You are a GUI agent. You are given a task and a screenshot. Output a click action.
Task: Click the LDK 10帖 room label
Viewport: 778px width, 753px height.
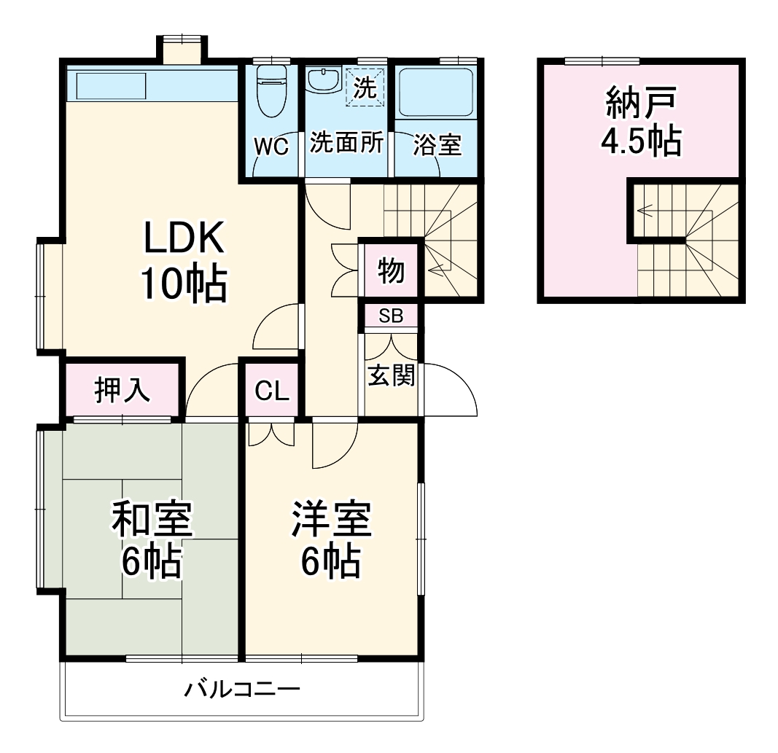pos(183,260)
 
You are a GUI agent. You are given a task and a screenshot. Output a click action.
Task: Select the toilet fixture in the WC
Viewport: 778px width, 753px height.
pos(272,91)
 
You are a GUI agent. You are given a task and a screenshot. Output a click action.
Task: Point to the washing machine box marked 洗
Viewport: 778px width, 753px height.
pos(364,87)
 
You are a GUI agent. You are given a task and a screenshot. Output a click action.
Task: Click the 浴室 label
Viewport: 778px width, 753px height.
pos(437,144)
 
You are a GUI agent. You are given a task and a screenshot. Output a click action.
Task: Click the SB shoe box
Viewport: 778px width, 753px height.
pos(391,316)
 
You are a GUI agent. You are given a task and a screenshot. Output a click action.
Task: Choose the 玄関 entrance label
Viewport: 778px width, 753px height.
pos(391,375)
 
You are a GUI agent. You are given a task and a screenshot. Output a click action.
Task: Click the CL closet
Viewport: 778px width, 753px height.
pos(272,391)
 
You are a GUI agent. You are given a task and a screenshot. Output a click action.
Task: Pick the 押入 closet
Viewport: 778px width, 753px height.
pos(122,391)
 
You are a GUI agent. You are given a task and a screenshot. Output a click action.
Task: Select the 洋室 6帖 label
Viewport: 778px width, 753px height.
pos(332,539)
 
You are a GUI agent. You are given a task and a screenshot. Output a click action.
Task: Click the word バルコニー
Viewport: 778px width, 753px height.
pos(241,689)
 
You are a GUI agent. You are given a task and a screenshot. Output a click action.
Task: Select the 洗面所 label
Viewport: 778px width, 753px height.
pos(346,144)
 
